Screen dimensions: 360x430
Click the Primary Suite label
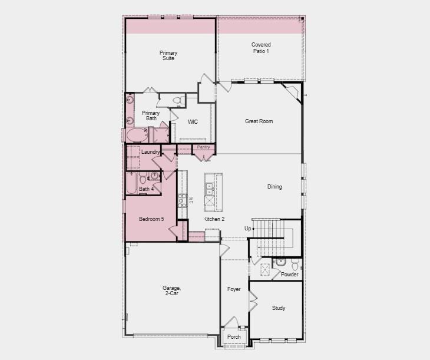point(168,55)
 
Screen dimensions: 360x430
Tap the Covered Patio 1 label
point(260,48)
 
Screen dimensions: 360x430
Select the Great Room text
point(259,121)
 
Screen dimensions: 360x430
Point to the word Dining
point(274,187)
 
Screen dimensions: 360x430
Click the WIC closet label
point(193,122)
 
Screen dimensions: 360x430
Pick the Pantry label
point(204,147)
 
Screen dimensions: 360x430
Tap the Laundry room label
point(151,152)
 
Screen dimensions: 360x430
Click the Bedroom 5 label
point(151,219)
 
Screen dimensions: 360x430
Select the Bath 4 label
point(146,189)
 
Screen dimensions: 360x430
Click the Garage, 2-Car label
point(171,290)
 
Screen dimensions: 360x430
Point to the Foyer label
point(234,289)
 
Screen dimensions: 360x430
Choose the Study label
point(278,308)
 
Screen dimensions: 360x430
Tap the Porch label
point(234,337)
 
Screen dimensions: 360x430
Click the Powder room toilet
point(295,263)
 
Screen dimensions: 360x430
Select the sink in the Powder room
point(280,262)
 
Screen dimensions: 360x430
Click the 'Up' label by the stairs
point(247,228)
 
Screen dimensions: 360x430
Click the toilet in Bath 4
point(154,176)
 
